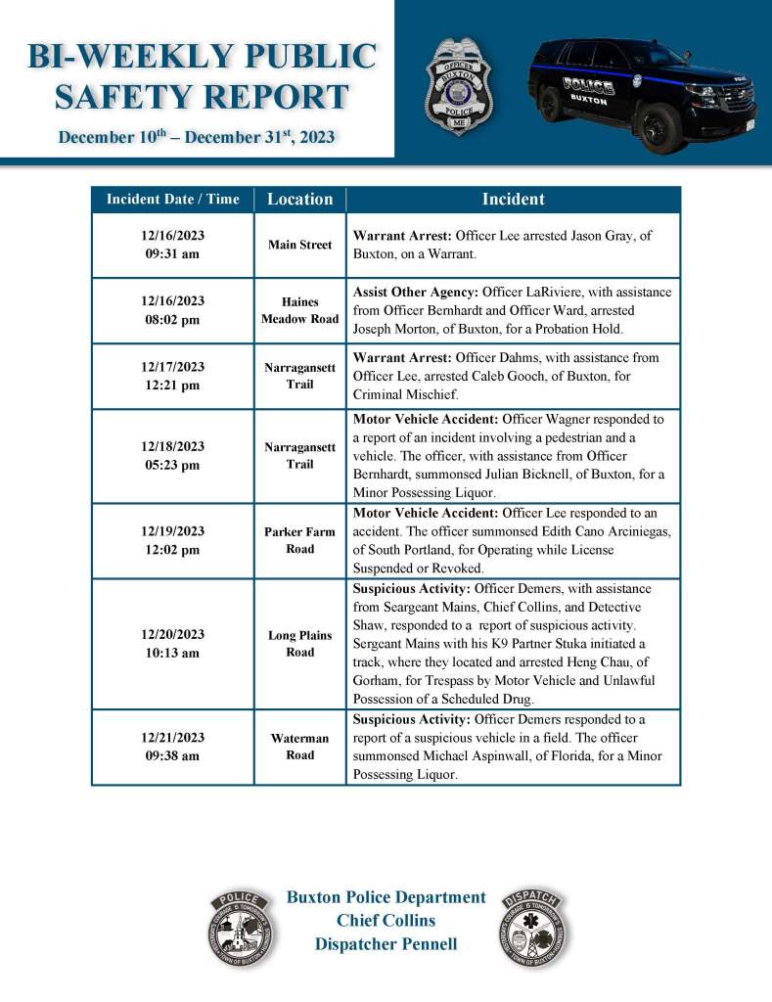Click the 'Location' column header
[300, 199]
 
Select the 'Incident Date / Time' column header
[172, 199]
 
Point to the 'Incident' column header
[513, 199]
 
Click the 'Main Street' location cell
[300, 245]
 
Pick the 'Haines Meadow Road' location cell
[300, 310]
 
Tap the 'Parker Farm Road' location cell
[300, 540]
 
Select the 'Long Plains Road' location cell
[300, 643]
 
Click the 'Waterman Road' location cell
[300, 747]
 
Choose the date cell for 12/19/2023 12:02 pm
[172, 540]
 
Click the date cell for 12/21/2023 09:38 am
[172, 747]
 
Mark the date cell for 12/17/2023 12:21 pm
[172, 376]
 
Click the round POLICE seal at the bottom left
[241, 928]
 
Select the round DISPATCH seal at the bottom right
[534, 928]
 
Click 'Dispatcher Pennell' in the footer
[386, 944]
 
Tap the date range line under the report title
[197, 137]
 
